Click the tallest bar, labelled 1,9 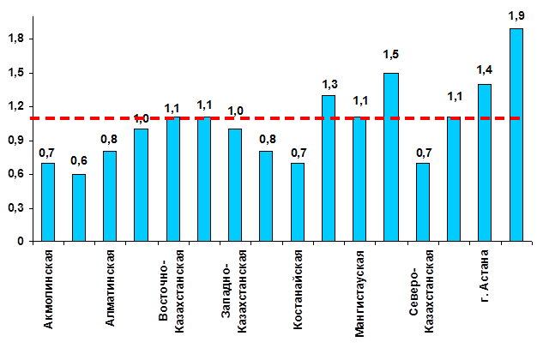516,135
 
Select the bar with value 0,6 79,207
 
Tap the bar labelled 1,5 391,157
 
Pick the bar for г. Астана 485,163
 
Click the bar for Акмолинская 48,202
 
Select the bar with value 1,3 329,168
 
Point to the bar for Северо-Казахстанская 422,202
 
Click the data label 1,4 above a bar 485,69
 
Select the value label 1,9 516,15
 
